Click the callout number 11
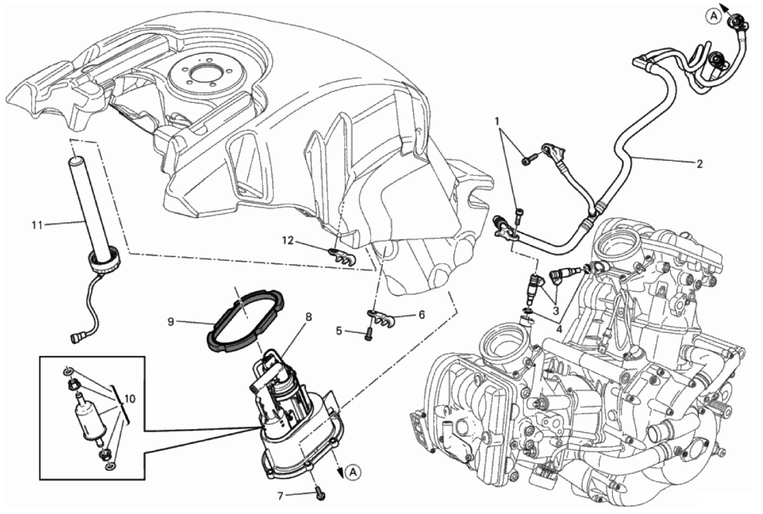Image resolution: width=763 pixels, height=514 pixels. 37,225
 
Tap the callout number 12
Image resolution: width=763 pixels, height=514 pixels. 289,240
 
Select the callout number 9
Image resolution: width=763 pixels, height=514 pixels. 171,321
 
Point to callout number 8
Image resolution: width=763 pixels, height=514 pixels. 308,317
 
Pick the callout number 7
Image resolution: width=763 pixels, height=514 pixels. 280,495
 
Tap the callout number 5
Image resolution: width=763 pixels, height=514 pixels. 339,332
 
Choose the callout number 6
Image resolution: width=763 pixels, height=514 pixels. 421,314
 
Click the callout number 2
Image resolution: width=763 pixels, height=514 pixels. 699,164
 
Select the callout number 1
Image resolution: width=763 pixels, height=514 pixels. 497,120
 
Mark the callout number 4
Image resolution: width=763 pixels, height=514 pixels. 560,328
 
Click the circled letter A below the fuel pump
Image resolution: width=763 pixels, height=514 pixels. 354,471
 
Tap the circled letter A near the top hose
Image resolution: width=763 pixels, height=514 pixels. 713,16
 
